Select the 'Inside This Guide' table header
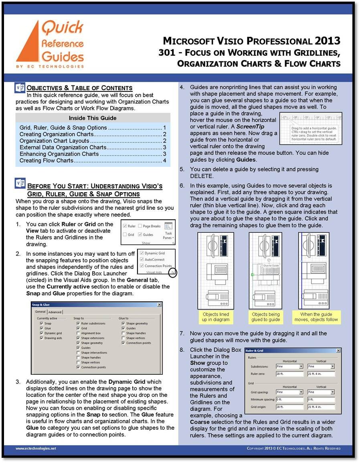click(93, 118)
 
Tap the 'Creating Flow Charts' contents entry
click(47, 160)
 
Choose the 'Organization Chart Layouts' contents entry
click(54, 141)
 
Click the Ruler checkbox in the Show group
click(125, 226)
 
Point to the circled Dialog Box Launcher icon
click(173, 272)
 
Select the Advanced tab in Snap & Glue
click(55, 312)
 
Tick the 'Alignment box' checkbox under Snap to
click(78, 333)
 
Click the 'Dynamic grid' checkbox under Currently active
click(41, 333)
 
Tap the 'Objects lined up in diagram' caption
click(216, 317)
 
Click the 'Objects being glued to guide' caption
click(265, 317)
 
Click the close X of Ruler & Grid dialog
click(338, 350)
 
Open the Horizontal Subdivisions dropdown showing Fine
click(301, 366)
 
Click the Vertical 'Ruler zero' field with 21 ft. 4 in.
click(321, 374)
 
